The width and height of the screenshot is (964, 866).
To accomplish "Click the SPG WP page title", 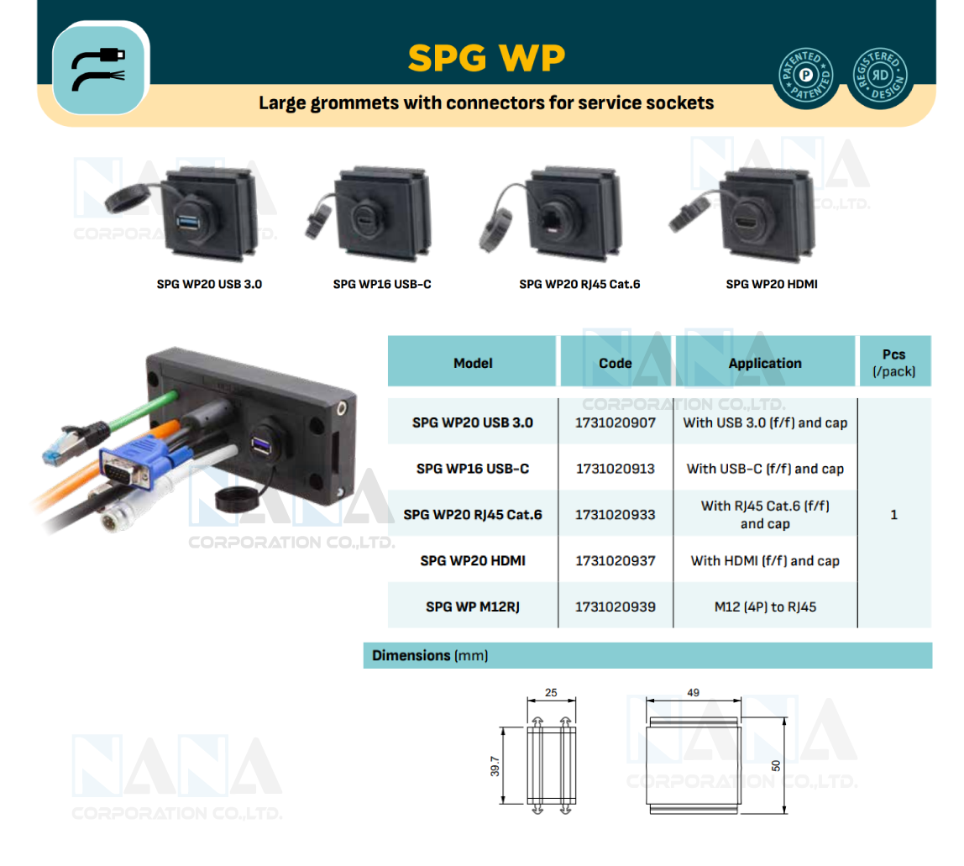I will (x=486, y=58).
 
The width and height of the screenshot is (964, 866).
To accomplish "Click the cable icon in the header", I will (x=99, y=69).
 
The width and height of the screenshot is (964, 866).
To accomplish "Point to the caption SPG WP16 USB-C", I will (x=382, y=284).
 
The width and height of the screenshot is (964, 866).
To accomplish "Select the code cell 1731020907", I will (x=616, y=423).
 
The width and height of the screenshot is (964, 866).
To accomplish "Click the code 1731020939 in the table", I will (x=616, y=606).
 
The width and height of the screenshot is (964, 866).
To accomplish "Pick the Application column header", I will (x=765, y=363).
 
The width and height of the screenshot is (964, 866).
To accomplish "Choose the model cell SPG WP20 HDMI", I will (x=473, y=560).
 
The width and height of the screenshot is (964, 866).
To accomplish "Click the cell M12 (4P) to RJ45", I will (x=764, y=606).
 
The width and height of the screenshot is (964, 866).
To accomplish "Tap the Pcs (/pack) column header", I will (x=893, y=362).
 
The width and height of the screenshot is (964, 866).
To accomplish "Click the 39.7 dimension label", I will (x=495, y=765).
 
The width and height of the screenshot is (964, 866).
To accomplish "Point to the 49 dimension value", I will (x=693, y=693).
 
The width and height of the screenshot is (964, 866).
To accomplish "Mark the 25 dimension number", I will (x=551, y=693).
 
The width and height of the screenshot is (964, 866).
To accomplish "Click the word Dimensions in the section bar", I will (x=411, y=655).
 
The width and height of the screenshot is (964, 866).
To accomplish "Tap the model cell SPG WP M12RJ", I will (x=473, y=606).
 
